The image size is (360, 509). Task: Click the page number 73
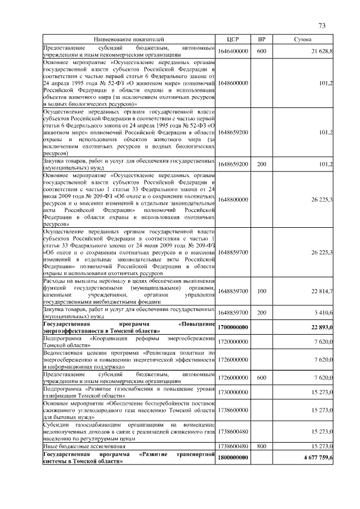point(322,25)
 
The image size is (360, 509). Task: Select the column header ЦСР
point(233,39)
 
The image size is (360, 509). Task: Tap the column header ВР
point(261,39)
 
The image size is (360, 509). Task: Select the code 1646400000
point(233,51)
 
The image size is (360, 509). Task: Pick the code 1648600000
point(233,83)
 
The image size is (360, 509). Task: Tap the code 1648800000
point(233,200)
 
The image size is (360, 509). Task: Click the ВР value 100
point(261,291)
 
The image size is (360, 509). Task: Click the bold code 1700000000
point(233,327)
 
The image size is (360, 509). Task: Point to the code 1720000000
point(233,341)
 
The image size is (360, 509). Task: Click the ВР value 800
point(261,445)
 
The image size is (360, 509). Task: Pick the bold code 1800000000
point(233,458)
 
